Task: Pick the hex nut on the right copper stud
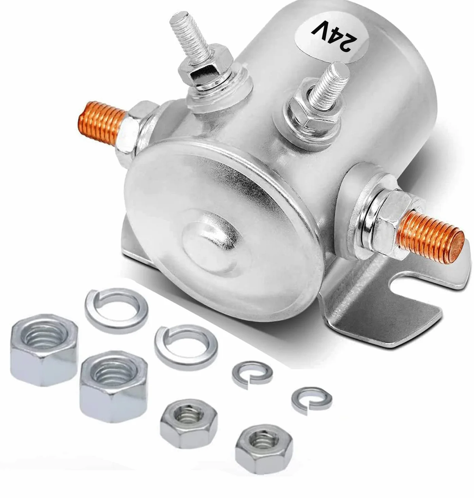point(385,226)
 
